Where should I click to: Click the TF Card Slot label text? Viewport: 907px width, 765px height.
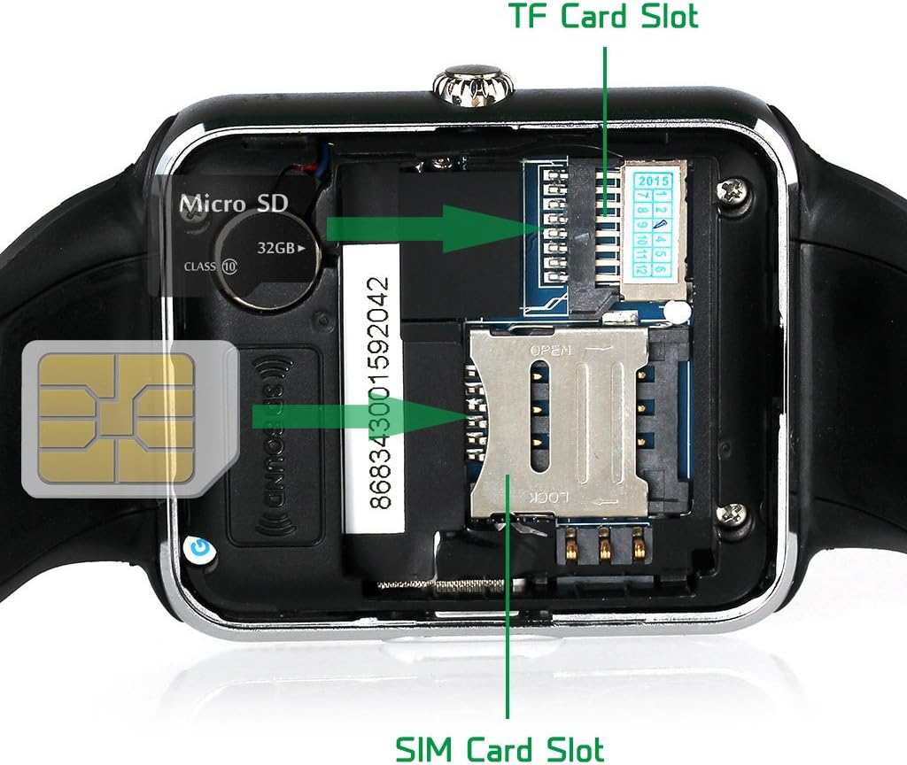[x=603, y=17]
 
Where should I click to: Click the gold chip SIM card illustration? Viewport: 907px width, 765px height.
[x=120, y=416]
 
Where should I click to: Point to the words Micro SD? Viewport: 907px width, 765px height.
[x=234, y=204]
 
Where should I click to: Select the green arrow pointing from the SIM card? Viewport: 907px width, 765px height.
[x=354, y=416]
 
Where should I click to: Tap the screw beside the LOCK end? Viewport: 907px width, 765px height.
[x=733, y=513]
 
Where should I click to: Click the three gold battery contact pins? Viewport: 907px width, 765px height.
[x=607, y=545]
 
